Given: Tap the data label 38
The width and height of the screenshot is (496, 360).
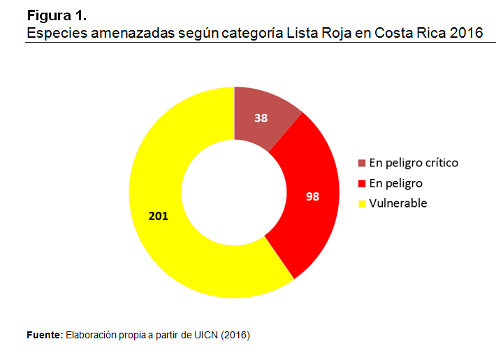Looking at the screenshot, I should (x=261, y=118).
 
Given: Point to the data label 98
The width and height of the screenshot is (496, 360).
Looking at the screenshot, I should (x=312, y=196).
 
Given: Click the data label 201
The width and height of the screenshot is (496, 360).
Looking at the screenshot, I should (x=159, y=216).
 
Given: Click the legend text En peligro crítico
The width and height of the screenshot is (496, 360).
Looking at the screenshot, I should (x=414, y=163).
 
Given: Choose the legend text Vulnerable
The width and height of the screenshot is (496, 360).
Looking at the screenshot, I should (x=398, y=203).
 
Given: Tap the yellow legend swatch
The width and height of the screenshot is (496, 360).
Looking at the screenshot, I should (x=362, y=204).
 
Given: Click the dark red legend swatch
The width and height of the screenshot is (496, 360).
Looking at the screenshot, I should (x=362, y=164).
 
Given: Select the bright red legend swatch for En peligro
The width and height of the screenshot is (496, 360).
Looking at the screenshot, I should (x=362, y=184).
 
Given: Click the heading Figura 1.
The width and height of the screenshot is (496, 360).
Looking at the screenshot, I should (x=57, y=15).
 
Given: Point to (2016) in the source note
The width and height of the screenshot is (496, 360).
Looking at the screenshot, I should (x=235, y=335).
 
